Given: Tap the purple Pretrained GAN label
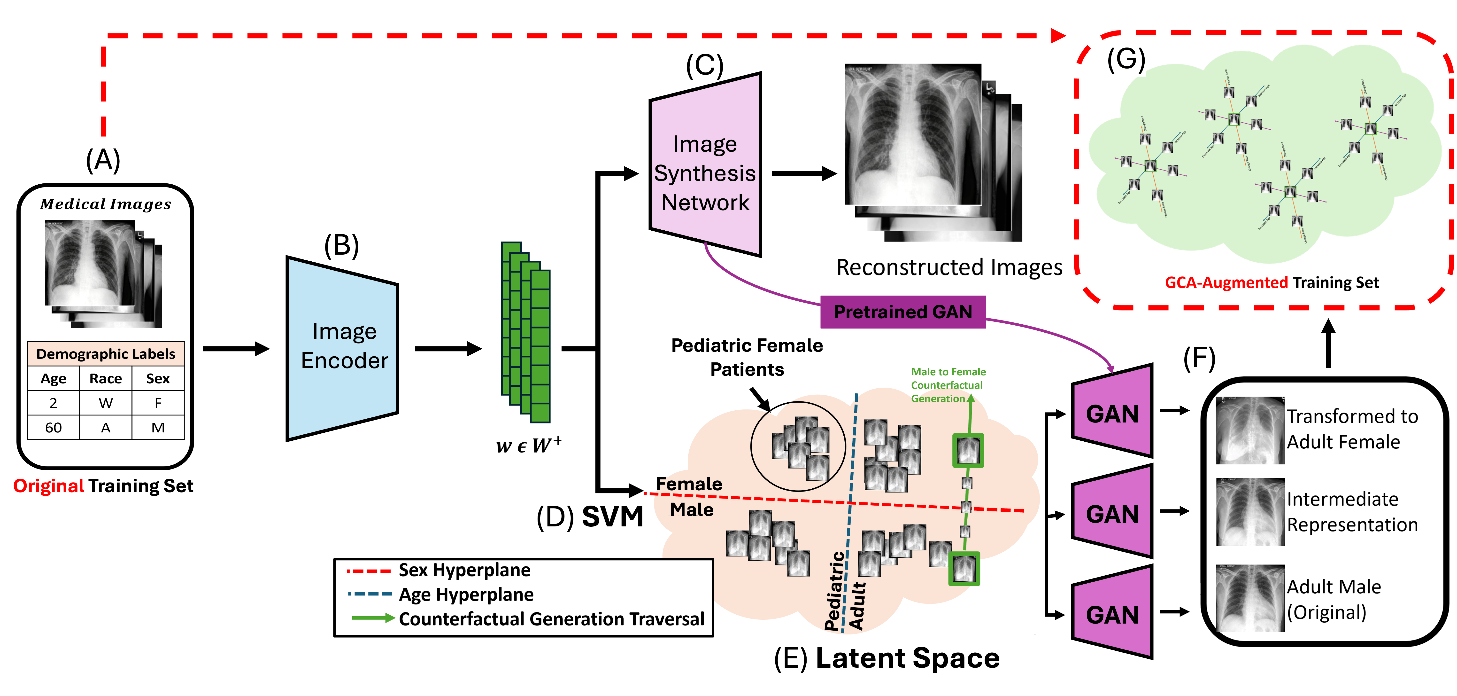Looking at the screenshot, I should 903,312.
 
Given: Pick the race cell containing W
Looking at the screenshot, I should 106,403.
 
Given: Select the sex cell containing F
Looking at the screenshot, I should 158,403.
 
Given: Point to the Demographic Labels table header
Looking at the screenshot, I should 106,354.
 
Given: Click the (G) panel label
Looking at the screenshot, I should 1126,59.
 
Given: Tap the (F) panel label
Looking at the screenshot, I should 1199,358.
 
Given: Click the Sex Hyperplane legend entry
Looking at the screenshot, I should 464,570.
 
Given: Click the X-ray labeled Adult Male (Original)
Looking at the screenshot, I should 1250,599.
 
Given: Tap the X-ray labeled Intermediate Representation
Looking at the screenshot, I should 1250,512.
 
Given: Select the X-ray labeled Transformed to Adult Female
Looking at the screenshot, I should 1250,430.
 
